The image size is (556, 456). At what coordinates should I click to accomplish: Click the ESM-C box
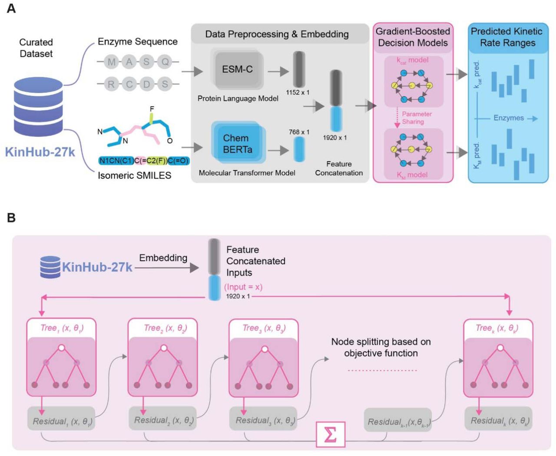pos(237,69)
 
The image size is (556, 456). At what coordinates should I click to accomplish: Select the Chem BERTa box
pos(237,144)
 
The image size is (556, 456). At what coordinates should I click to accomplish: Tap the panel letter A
pos(11,8)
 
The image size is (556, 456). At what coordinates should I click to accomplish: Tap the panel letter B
pos(11,218)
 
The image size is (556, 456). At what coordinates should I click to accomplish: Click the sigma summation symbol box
pos(330,434)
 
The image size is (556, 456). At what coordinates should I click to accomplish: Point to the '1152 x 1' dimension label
pos(298,93)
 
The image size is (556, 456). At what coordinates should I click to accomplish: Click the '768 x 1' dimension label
pos(299,132)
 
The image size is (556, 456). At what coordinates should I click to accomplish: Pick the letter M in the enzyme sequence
pos(112,62)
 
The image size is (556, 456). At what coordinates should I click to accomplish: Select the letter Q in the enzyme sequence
pos(165,62)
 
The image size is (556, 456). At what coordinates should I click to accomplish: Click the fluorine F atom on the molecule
pos(152,109)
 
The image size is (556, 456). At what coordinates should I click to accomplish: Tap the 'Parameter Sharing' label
pos(417,118)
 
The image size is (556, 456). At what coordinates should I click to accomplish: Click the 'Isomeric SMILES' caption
pos(134,175)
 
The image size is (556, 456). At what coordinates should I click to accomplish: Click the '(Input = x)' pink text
pos(243,287)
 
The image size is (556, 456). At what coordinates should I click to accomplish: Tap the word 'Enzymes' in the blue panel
pos(508,118)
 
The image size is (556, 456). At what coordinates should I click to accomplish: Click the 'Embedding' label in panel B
pos(163,258)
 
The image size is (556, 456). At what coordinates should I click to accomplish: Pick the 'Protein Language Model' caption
pos(238,99)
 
